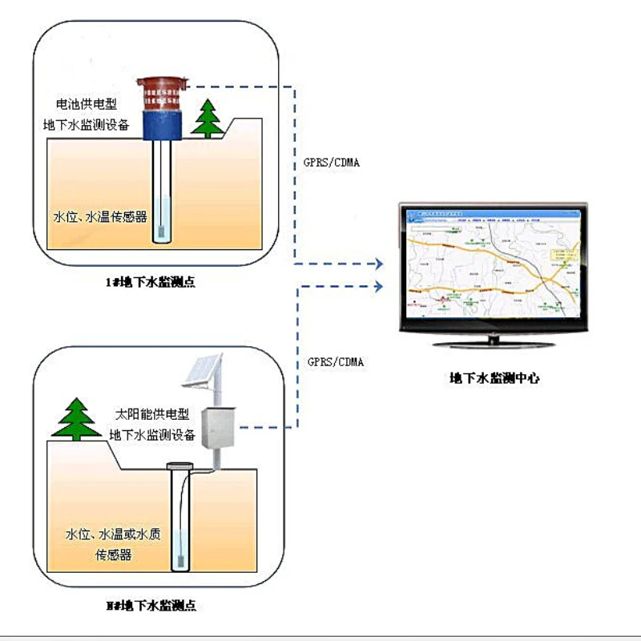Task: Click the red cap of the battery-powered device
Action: point(163,92)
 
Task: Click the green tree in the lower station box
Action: point(77,418)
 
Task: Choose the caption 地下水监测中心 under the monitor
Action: point(494,378)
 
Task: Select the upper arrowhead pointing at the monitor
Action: point(378,263)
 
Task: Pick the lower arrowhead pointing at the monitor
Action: point(378,284)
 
